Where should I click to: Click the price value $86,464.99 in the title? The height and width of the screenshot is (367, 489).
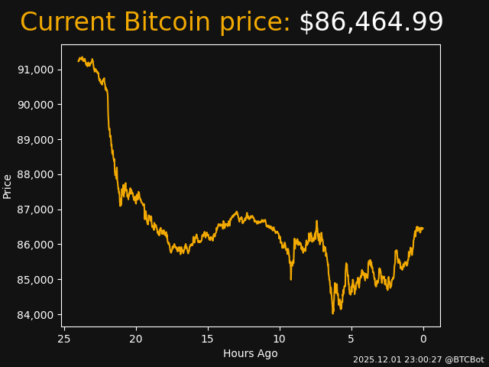(x=371, y=23)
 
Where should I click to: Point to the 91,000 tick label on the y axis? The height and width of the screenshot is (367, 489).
(x=35, y=70)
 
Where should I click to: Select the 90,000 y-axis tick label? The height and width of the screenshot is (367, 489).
(x=35, y=105)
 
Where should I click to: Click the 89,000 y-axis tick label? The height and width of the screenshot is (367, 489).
(x=35, y=140)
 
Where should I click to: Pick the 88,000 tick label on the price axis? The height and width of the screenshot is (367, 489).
(x=35, y=174)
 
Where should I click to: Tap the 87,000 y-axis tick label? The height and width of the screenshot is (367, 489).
(x=35, y=209)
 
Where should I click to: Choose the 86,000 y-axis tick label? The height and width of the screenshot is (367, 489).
(x=35, y=245)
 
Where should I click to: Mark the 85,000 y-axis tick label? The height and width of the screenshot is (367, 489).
(x=35, y=280)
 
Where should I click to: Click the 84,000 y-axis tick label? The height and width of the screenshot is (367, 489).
(x=35, y=315)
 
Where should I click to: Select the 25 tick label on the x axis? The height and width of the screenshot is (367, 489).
(x=64, y=339)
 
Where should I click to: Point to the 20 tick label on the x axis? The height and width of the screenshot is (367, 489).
(x=136, y=339)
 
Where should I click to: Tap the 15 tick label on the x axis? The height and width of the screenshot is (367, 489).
(x=208, y=339)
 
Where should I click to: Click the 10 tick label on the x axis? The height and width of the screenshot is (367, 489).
(x=280, y=339)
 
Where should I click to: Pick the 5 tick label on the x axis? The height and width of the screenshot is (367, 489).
(x=351, y=339)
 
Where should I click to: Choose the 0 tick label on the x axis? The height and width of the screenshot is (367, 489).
(x=423, y=339)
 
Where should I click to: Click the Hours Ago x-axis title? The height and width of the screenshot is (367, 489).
(x=251, y=353)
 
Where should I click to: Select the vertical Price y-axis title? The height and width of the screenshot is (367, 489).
(x=8, y=186)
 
